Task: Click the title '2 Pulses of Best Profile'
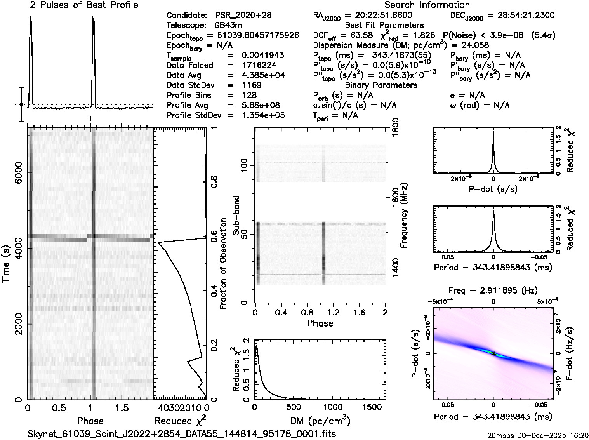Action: (x=84, y=5)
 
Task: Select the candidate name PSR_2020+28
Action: (x=243, y=16)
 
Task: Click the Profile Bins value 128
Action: (x=249, y=95)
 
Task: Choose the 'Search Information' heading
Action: (x=427, y=5)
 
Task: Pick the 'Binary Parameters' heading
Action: (x=381, y=85)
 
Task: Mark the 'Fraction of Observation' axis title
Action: (x=223, y=264)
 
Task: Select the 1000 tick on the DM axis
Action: (x=333, y=407)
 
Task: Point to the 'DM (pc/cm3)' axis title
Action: (x=320, y=421)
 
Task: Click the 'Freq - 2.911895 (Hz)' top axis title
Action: (x=493, y=291)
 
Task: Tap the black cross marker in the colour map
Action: (x=493, y=354)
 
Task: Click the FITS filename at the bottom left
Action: (x=182, y=434)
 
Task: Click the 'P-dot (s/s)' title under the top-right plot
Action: (x=493, y=189)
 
